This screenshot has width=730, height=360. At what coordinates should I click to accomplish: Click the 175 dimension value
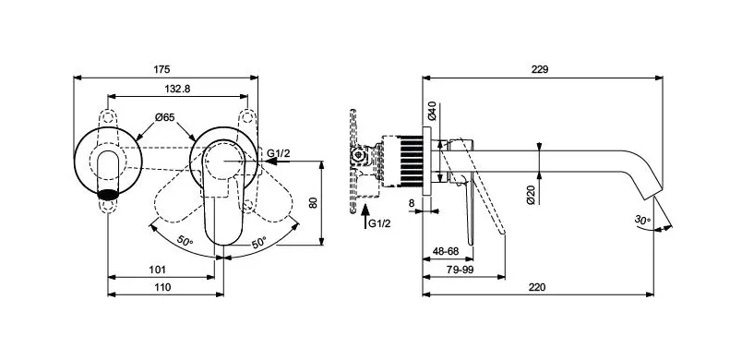[x=162, y=69]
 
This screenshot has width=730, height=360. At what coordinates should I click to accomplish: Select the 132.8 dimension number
[x=177, y=89]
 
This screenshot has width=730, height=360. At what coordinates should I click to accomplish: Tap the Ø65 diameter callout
[x=165, y=117]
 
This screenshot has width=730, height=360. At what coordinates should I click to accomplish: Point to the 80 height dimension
[x=314, y=202]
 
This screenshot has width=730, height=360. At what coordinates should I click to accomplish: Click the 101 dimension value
[x=158, y=270]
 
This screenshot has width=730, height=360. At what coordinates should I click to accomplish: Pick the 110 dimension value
[x=162, y=287]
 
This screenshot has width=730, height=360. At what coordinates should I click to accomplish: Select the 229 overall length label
[x=540, y=69]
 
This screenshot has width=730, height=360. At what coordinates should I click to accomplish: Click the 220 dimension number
[x=537, y=287]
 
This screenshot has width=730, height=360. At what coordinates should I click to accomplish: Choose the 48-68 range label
[x=446, y=251]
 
